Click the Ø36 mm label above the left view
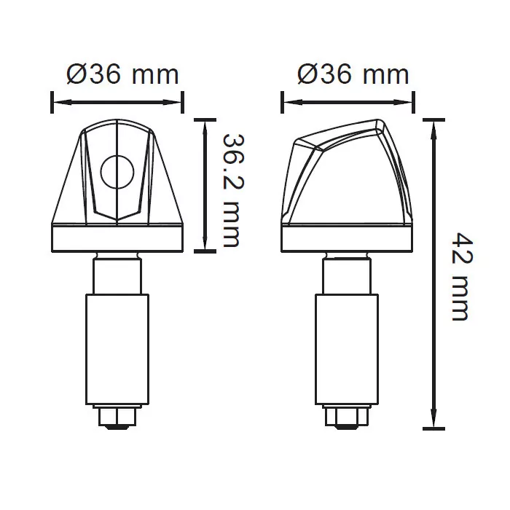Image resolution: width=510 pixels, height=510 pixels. (122, 74)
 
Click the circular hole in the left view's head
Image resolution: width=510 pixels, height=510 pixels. (117, 172)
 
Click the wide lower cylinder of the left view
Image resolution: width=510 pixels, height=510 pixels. (117, 349)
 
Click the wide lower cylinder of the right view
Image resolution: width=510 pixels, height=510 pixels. (348, 349)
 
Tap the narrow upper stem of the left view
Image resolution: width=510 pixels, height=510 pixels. (117, 275)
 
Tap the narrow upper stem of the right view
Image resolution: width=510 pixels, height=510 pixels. (348, 275)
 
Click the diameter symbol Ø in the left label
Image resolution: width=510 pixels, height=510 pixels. (76, 74)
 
